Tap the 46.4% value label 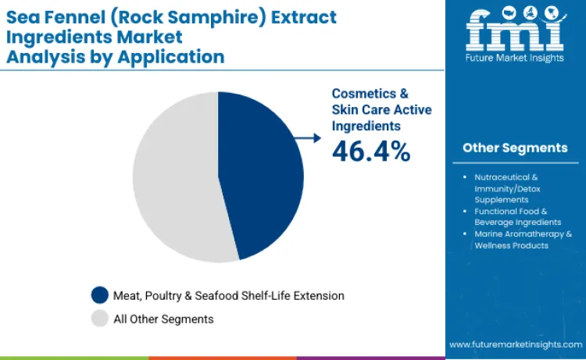point(371,151)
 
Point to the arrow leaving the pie point(309,137)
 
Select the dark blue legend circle point(100,295)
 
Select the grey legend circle point(100,319)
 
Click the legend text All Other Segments point(163,319)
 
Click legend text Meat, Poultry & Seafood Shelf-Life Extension point(229,295)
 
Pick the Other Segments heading point(515,148)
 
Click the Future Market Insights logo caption point(515,58)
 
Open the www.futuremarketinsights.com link point(516,344)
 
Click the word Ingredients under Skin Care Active point(366,125)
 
